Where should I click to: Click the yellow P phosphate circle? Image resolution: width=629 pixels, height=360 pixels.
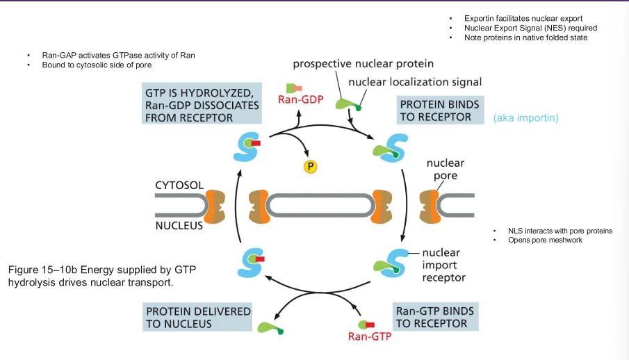point(310,166)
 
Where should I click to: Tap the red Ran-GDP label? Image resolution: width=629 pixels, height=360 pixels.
point(301,99)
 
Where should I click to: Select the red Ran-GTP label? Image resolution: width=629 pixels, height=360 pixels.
point(370,336)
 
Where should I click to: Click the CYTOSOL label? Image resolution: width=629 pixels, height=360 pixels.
point(179,185)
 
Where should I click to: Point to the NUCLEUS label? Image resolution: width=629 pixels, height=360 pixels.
point(179,226)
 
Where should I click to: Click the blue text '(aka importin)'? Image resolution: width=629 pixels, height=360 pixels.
point(525,118)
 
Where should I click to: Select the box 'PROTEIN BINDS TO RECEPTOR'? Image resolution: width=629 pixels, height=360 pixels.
point(440,110)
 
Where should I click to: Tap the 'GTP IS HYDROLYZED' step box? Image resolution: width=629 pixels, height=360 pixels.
point(202,104)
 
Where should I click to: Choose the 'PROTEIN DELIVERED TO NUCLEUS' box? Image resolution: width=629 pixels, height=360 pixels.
point(197,317)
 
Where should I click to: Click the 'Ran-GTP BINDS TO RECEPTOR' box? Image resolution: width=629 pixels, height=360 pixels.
point(435,317)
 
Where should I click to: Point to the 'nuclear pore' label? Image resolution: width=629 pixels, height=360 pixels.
point(446,169)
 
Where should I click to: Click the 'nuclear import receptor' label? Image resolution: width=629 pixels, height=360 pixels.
point(443,265)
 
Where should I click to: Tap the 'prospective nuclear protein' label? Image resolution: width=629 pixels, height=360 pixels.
point(363,64)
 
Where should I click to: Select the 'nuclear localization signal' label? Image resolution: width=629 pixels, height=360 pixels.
point(415,82)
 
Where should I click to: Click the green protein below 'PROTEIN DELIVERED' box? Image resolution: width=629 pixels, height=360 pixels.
point(270,328)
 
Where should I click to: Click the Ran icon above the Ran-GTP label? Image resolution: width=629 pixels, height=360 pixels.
point(367,325)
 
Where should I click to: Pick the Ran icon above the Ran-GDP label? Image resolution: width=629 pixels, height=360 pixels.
point(293,88)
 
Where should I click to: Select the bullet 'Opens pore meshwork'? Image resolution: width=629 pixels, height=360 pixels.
point(545,240)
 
